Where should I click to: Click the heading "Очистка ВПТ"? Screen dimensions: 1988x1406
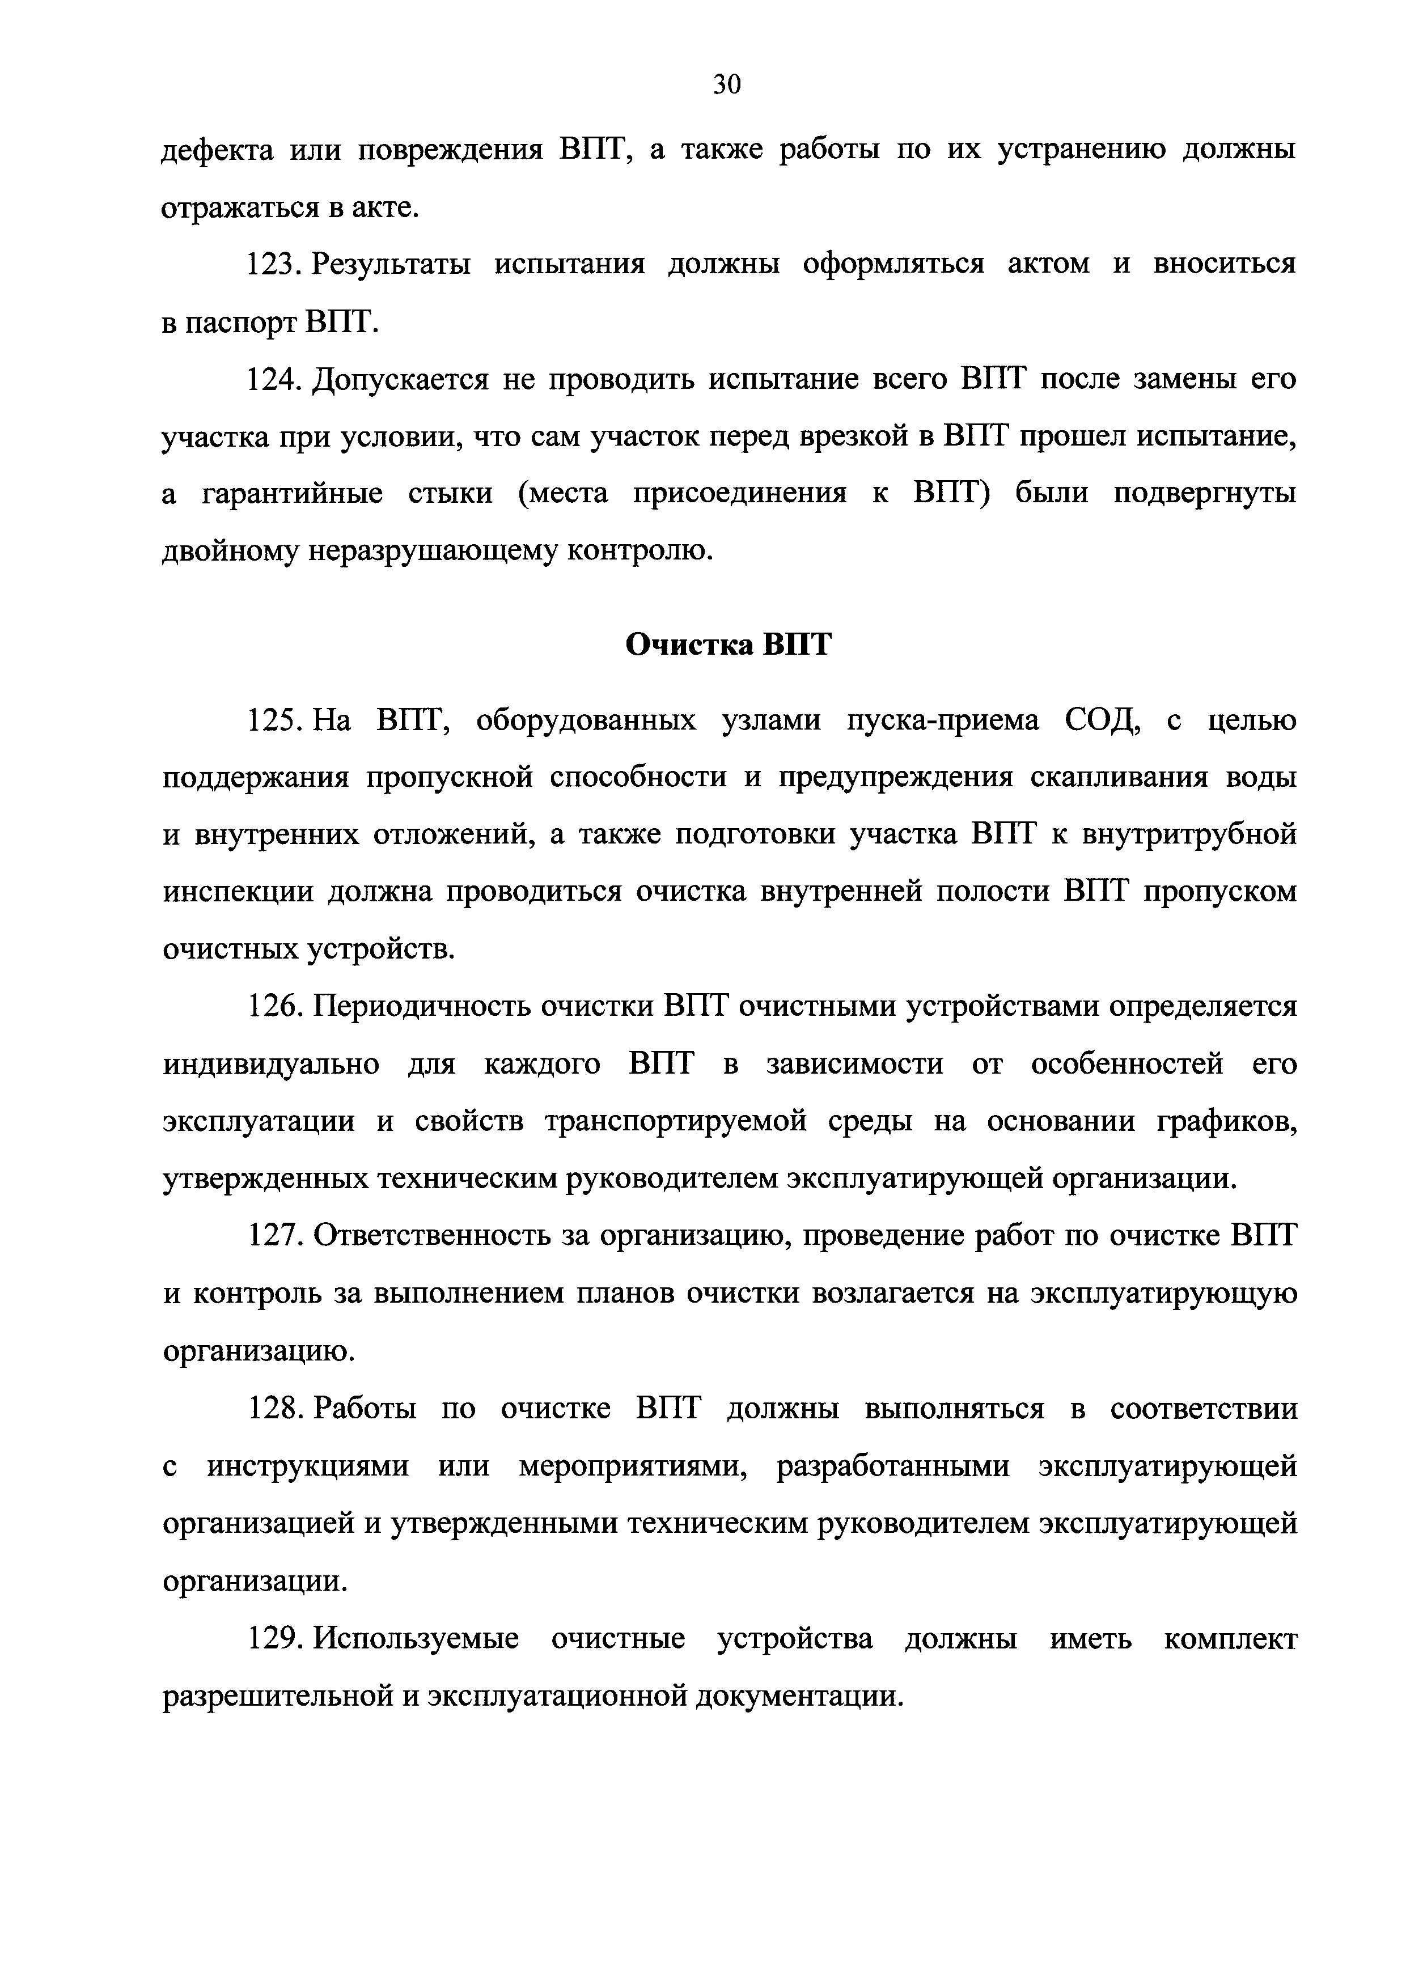click(727, 644)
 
